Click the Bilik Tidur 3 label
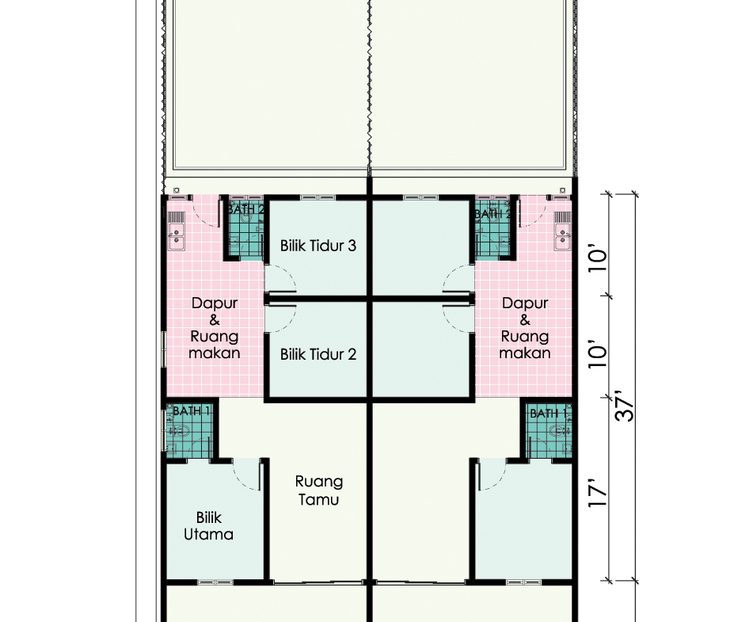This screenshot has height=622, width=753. pos(318,246)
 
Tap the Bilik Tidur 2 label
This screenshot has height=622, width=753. pos(318,354)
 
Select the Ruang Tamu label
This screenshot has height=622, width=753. pos(318,490)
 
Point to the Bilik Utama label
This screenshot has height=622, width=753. pos(208,526)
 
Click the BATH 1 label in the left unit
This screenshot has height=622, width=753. pos(191,411)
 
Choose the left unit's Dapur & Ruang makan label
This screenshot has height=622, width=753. pos(215,328)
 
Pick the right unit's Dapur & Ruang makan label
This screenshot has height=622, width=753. pos(524,328)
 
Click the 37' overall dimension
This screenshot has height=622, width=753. pos(624,406)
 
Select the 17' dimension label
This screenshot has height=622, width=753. pos(598,492)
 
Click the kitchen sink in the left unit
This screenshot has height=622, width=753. pos(177,236)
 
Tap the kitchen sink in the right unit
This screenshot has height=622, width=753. pos(562,236)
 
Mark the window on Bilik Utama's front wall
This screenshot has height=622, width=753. pos(215,582)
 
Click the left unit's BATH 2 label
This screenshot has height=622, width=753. pos(245,209)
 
